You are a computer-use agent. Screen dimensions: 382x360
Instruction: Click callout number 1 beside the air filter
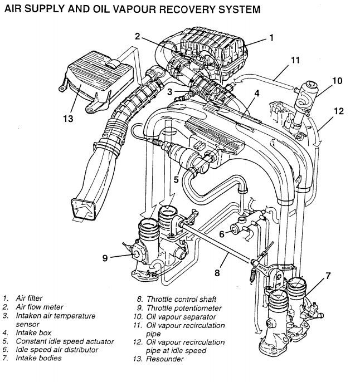[271, 38]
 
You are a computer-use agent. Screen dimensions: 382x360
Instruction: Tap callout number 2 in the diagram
[137, 36]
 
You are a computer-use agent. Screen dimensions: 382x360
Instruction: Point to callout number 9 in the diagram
[105, 257]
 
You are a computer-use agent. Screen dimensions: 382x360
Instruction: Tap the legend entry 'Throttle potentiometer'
[184, 307]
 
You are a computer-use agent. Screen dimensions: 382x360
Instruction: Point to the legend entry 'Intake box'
[33, 333]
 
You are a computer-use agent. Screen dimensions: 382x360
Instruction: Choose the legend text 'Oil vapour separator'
[180, 316]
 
